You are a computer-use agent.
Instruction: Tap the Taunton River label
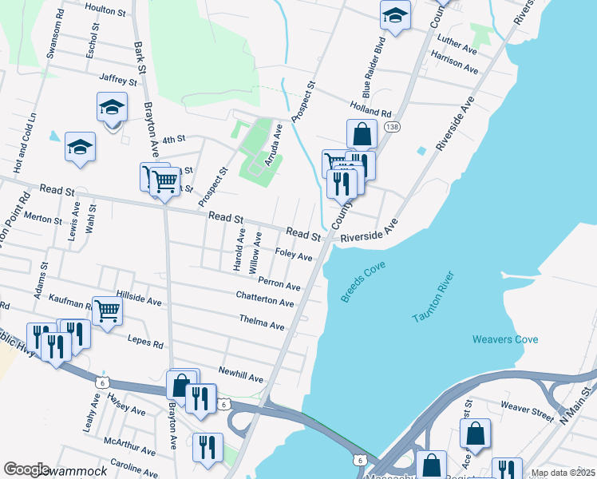[433, 298]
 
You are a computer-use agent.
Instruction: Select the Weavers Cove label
[504, 339]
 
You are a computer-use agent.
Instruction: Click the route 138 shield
[391, 128]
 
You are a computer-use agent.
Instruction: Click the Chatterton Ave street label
[264, 299]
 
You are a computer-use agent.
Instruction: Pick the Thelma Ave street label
[261, 323]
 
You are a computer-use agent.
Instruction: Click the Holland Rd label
[370, 109]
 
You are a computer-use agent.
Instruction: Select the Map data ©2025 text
[563, 473]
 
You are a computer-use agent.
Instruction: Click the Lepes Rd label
[145, 341]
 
